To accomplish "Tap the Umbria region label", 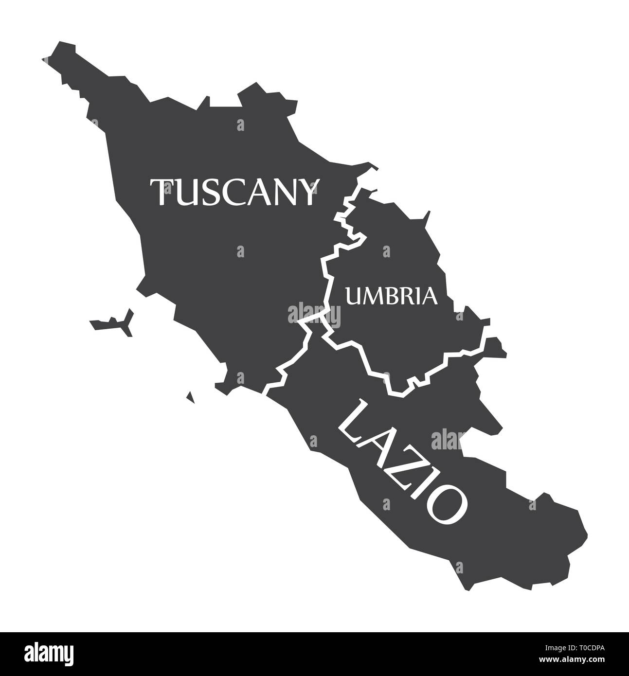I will (x=391, y=295).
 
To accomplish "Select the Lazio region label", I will (x=403, y=462).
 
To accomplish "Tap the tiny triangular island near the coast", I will (x=191, y=398).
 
